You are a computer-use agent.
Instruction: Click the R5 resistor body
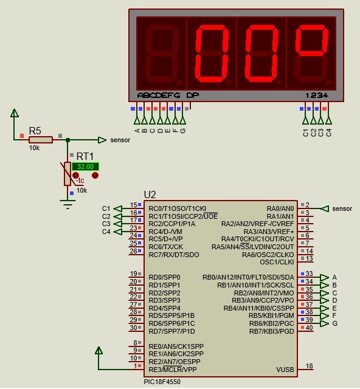click(41, 140)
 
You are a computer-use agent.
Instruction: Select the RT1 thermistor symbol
click(67, 174)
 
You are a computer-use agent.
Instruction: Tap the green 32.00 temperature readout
click(85, 167)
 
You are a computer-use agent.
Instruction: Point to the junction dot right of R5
click(67, 140)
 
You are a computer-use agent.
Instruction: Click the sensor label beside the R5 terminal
click(120, 140)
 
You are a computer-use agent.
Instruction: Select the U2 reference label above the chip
click(150, 195)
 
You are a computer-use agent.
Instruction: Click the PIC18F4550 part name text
click(162, 382)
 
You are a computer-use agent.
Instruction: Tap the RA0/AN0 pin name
click(280, 208)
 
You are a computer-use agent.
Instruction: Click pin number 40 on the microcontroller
click(309, 328)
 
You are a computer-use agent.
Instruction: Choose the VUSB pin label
click(285, 370)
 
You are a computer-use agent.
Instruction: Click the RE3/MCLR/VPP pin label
click(173, 370)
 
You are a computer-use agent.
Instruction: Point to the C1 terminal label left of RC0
click(106, 208)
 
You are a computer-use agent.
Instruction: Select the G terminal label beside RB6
click(334, 323)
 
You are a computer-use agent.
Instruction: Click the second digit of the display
click(212, 53)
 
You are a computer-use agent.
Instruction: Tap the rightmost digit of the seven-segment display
click(311, 53)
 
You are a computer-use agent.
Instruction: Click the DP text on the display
click(193, 95)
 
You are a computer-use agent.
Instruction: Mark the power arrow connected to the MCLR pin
click(99, 350)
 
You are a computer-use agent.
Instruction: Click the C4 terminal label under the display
click(328, 133)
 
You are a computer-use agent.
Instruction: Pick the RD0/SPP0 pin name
click(164, 277)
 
